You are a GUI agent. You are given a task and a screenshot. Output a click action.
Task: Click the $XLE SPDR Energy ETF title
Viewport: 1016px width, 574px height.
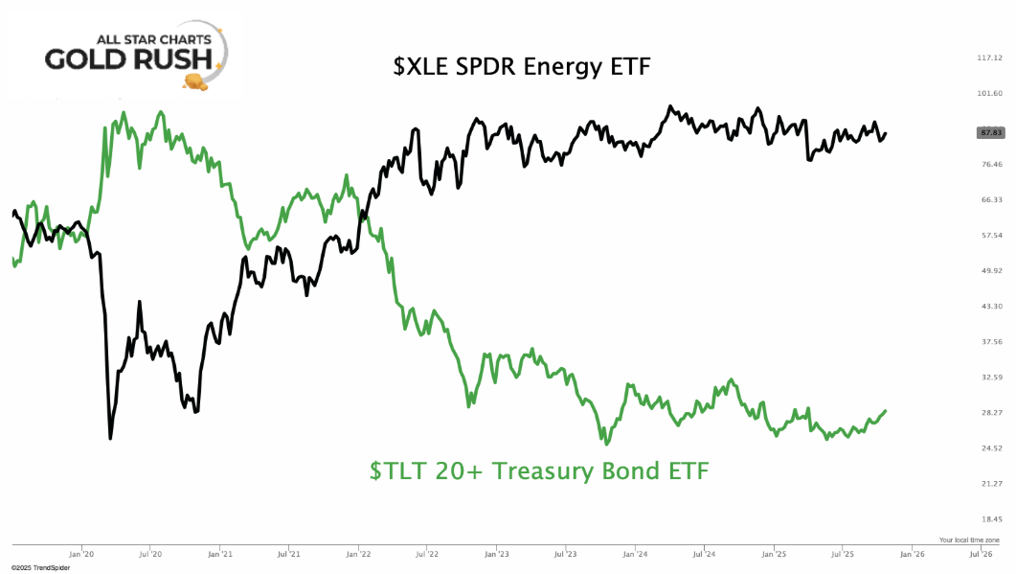pyautogui.click(x=522, y=66)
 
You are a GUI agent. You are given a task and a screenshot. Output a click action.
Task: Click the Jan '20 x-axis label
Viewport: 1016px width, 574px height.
pyautogui.click(x=81, y=553)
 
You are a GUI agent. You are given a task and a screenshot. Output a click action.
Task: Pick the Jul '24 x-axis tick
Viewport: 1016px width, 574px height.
pyautogui.click(x=705, y=553)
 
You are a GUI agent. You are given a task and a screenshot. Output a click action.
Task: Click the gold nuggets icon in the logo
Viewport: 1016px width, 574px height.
pyautogui.click(x=198, y=84)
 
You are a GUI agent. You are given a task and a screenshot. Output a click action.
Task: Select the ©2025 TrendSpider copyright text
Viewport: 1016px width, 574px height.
pyautogui.click(x=41, y=568)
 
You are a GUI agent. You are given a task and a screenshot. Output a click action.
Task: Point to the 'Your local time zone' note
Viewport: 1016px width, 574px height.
pyautogui.click(x=969, y=540)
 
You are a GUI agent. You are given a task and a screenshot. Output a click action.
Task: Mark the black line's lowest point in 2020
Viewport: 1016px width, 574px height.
pyautogui.click(x=111, y=438)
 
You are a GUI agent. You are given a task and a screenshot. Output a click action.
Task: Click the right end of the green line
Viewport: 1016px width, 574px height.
pyautogui.click(x=886, y=410)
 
